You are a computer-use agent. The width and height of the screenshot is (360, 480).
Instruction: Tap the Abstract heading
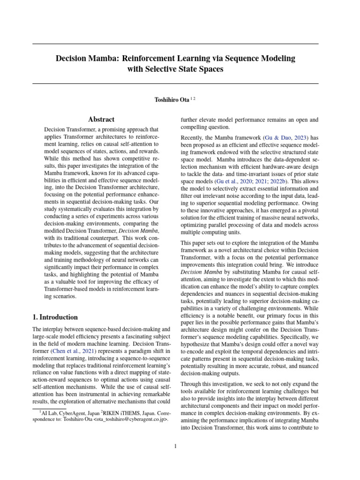coord(102,120)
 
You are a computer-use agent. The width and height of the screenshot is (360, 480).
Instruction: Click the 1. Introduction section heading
coord(55,317)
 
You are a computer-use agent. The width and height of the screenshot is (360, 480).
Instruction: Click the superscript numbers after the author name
coord(193,98)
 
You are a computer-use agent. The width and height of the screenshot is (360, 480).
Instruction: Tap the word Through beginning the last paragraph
coord(193,384)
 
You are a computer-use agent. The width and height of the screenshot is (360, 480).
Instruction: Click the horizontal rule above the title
coord(175,44)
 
